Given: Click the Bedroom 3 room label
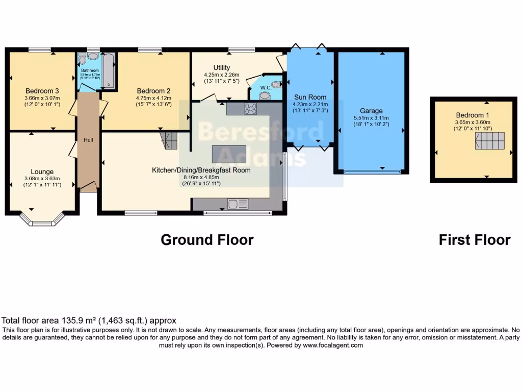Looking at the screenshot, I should coord(42,91).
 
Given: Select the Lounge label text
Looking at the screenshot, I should coord(42,171).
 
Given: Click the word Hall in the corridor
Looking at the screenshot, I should coord(88,139).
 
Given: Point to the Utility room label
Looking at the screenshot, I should coord(222,67).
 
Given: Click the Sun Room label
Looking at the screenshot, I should coord(310,97).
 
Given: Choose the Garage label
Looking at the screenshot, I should coord(371,111).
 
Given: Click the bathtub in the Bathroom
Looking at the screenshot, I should coord(109,71).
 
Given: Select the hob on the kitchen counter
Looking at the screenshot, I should coord(250,108).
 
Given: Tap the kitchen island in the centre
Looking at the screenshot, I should coord(229,154).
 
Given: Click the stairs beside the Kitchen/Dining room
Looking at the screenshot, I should coord(169,138).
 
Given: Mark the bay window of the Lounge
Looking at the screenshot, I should coord(42,219).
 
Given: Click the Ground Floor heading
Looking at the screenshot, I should coord(207,239).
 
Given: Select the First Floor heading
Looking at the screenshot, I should coord(474,239).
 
